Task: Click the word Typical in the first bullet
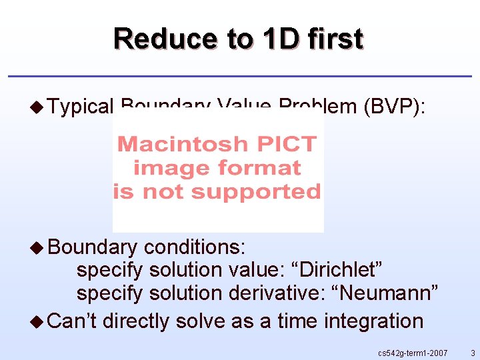coord(82,107)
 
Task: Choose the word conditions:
coord(195,247)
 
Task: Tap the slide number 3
coord(472,352)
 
